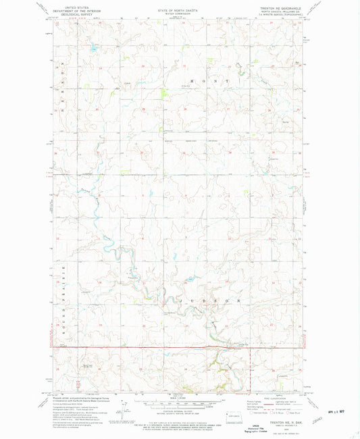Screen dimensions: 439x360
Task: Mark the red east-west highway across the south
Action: click(149, 348)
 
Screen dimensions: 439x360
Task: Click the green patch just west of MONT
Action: click(164, 93)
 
